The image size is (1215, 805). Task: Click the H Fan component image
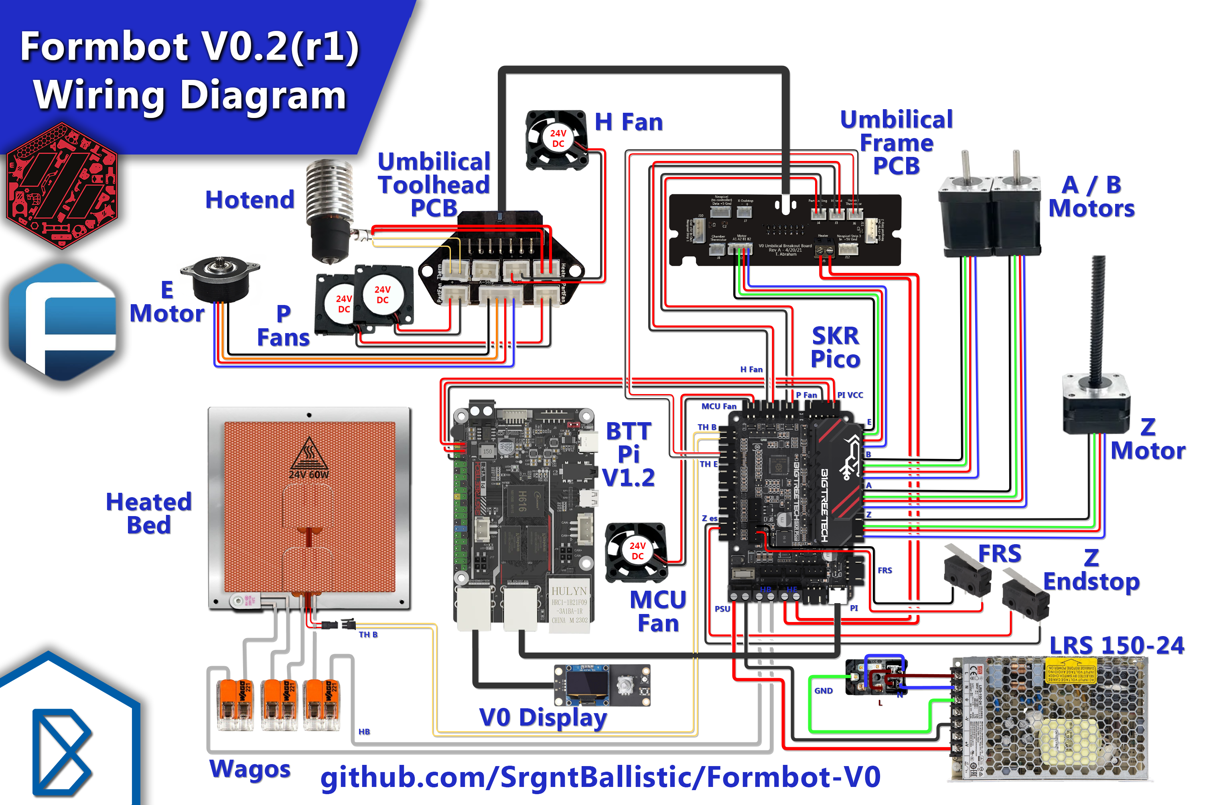(x=557, y=140)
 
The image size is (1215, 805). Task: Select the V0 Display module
(x=601, y=685)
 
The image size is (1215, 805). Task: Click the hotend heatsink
(x=329, y=193)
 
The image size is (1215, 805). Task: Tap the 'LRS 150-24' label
(x=1116, y=645)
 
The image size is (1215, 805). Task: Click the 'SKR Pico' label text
(x=835, y=348)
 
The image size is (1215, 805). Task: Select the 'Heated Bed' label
(x=149, y=513)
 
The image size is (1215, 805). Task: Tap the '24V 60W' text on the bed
(x=308, y=474)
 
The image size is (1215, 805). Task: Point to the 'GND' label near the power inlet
(x=823, y=691)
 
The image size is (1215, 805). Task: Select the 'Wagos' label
(x=250, y=768)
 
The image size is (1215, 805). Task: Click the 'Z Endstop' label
(x=1091, y=570)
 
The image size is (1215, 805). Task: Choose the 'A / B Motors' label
(x=1091, y=197)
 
